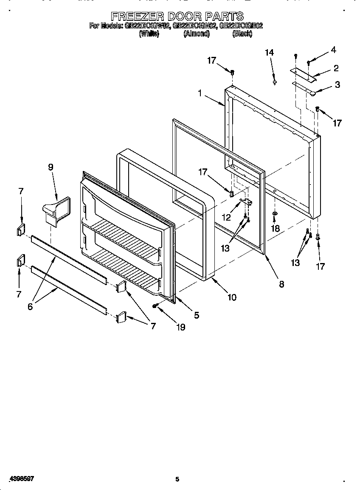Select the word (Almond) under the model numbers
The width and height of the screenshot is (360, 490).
196,34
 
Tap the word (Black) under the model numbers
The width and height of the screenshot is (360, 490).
242,34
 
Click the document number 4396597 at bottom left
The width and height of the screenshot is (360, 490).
21,479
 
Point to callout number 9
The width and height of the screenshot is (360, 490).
51,167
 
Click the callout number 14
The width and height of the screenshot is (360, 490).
269,53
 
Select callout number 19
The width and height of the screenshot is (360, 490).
180,327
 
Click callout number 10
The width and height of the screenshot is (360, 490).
232,297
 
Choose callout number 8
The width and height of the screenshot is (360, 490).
281,284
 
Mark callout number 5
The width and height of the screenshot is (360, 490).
196,315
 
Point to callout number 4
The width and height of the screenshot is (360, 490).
333,50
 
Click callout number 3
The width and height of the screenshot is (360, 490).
337,84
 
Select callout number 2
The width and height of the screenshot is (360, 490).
336,68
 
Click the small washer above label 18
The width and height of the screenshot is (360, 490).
275,213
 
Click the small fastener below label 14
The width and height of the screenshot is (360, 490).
275,82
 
